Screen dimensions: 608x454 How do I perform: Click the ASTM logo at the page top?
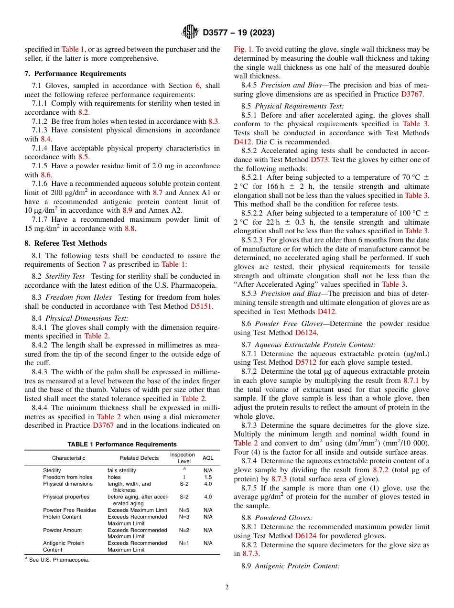pyautogui.click(x=190, y=33)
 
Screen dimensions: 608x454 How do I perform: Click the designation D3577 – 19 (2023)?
pyautogui.click(x=238, y=33)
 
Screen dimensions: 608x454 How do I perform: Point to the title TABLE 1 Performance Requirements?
pyautogui.click(x=122, y=445)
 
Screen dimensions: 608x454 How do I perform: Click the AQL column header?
pyautogui.click(x=208, y=458)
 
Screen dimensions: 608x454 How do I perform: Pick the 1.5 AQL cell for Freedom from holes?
pyautogui.click(x=208, y=477)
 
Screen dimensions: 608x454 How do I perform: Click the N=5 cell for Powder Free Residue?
pyautogui.click(x=184, y=510)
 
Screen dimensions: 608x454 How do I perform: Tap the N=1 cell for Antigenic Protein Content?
pyautogui.click(x=184, y=543)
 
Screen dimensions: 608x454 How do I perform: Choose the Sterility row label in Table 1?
pyautogui.click(x=52, y=471)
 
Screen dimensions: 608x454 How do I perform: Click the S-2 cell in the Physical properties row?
pyautogui.click(x=184, y=497)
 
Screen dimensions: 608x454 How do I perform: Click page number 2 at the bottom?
pyautogui.click(x=227, y=587)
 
